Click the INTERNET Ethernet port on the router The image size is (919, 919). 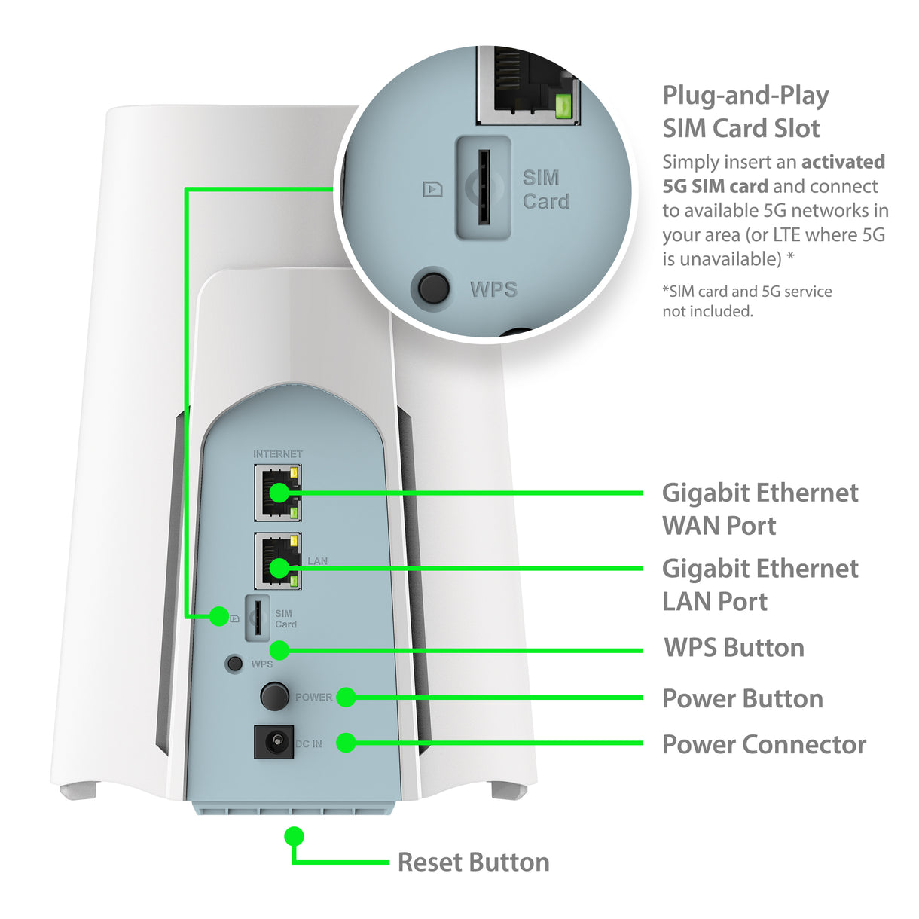click(277, 493)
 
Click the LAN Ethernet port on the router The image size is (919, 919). click(277, 561)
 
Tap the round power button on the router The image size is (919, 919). click(274, 696)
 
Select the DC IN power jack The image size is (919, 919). click(274, 743)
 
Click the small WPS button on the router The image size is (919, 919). click(235, 664)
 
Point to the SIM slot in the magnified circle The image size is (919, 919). click(484, 188)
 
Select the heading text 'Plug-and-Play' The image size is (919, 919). click(745, 96)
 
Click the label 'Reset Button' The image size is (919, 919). click(473, 862)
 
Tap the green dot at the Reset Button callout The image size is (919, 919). click(294, 836)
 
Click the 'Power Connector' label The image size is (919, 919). click(764, 744)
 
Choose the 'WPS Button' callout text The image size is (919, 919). click(734, 648)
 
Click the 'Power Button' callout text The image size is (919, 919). click(742, 698)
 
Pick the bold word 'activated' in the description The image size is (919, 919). click(843, 162)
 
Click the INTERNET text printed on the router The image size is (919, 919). click(277, 454)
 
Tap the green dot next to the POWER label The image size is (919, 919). click(346, 697)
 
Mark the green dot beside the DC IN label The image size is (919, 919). click(346, 743)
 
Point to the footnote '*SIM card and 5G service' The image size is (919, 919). click(746, 292)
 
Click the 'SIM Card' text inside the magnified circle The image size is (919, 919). click(545, 189)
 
